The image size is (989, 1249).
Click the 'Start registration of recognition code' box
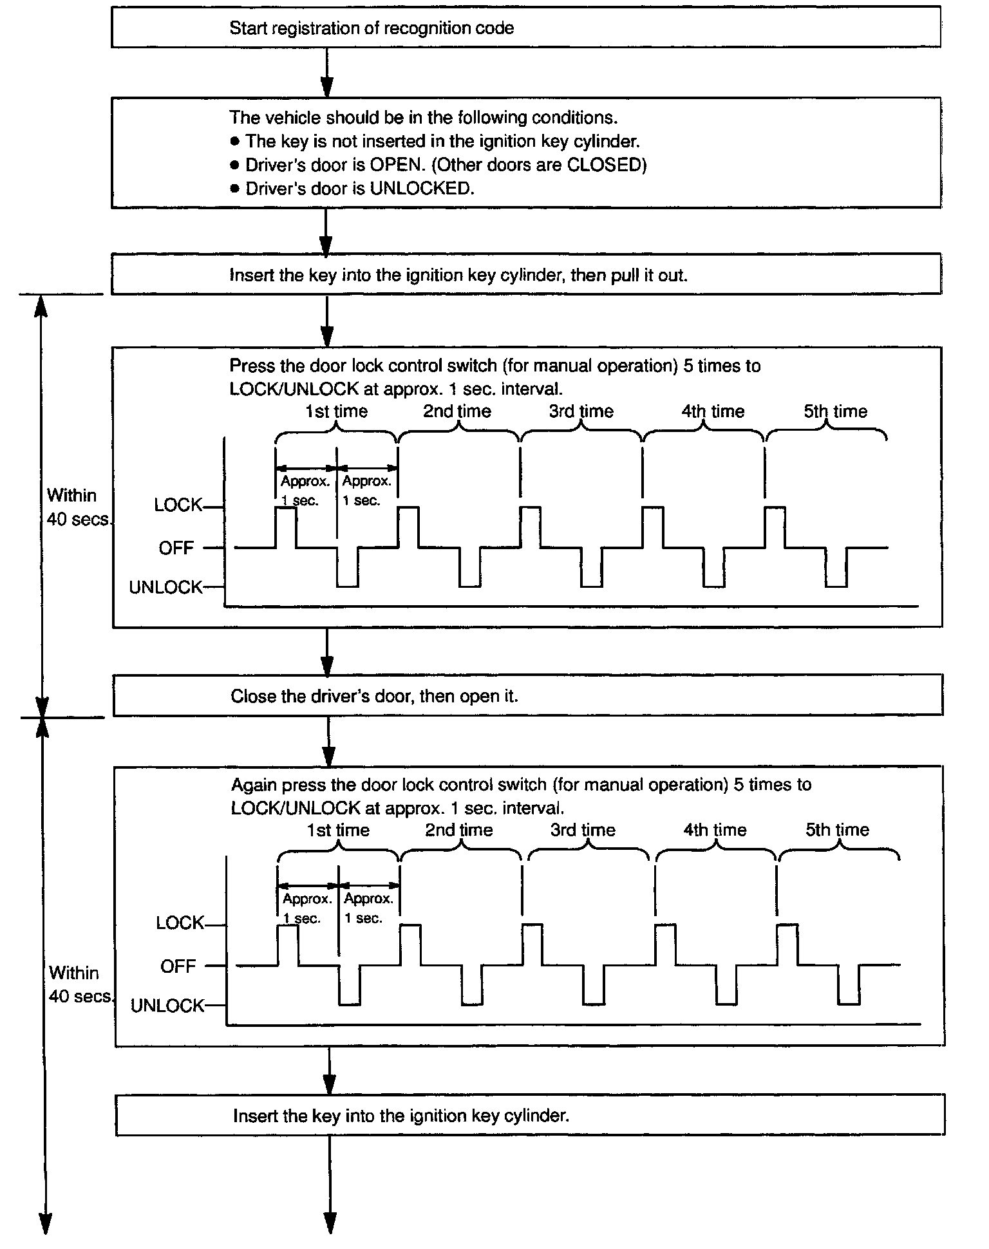click(525, 28)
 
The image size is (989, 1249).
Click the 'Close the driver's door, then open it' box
click(527, 696)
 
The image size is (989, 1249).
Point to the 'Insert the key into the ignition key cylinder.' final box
click(529, 1116)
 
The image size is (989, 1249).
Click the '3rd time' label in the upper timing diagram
click(581, 411)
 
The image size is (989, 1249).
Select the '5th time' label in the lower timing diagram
click(837, 830)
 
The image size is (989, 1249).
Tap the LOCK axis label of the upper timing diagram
click(178, 505)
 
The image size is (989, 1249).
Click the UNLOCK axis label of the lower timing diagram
click(167, 1006)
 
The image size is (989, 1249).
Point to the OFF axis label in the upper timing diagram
click(176, 549)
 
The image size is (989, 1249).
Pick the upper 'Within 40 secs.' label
click(76, 507)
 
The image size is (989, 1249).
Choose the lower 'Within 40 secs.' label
click(78, 984)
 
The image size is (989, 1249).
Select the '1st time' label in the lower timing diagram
click(338, 830)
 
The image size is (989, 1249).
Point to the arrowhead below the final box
click(330, 1223)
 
